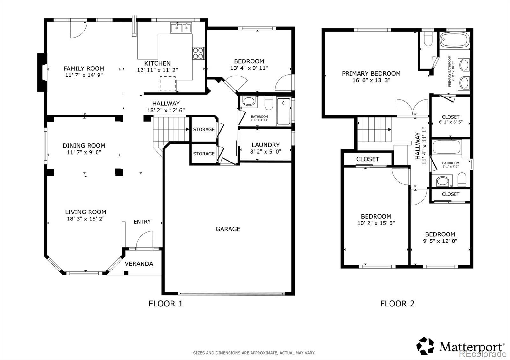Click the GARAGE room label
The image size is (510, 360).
[x=228, y=229]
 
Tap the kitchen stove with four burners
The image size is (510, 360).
[x=198, y=53]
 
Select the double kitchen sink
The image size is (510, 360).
[x=181, y=27]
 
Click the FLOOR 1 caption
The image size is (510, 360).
[x=165, y=304]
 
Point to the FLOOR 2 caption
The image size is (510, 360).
[x=397, y=304]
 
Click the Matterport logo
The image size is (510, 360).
[x=460, y=346]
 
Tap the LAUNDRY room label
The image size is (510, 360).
[x=266, y=145]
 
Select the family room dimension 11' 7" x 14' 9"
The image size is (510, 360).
[x=84, y=75]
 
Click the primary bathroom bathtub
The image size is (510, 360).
[x=455, y=40]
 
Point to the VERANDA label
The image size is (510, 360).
[x=139, y=264]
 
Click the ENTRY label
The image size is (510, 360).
[x=142, y=222]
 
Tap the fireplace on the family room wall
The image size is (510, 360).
[x=42, y=72]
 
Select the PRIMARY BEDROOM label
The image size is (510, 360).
[x=371, y=74]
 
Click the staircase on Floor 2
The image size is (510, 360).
[x=374, y=129]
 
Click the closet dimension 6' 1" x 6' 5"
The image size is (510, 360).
[x=451, y=122]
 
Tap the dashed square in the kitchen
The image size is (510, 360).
[x=168, y=84]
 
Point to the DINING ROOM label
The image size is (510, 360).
[x=84, y=145]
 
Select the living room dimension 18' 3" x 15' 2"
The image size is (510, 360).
[x=86, y=219]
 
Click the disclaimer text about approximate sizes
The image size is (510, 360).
[x=254, y=353]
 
